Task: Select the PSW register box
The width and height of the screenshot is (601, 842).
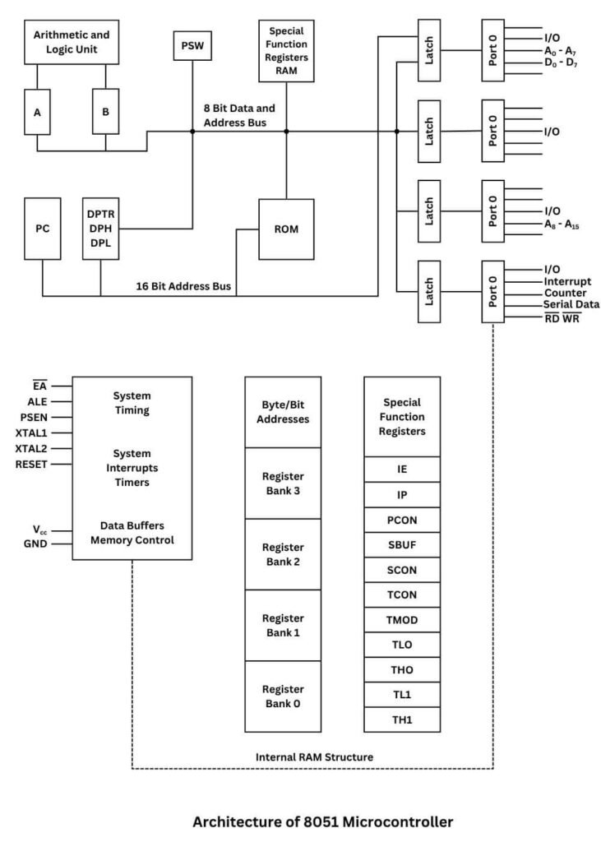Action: pos(192,45)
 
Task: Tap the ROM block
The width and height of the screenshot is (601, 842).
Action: pos(286,229)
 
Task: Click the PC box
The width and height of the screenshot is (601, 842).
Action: pos(43,228)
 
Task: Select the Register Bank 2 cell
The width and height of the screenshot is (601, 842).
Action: pos(282,553)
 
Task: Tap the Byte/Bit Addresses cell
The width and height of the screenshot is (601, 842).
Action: pos(282,412)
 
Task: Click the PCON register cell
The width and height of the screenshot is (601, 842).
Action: pos(402,520)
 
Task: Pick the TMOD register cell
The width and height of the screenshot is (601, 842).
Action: pos(402,619)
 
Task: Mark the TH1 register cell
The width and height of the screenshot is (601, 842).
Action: pos(402,719)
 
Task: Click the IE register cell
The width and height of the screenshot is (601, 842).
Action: pos(402,470)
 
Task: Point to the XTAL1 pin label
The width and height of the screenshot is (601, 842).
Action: pos(32,432)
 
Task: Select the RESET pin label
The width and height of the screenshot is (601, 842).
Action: pos(31,464)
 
